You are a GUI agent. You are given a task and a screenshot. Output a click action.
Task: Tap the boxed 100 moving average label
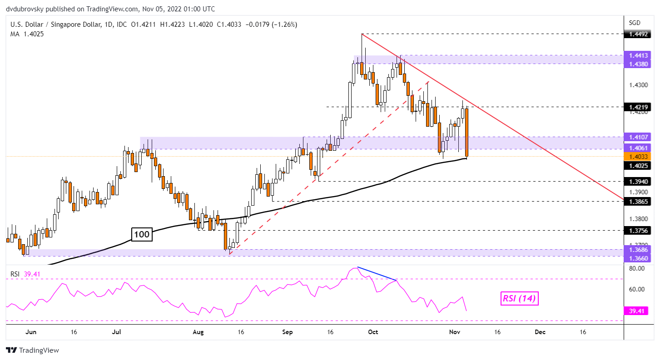click(142, 235)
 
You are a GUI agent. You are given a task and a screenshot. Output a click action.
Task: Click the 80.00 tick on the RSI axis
click(638, 268)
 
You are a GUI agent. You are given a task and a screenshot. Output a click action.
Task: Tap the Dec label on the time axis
click(540, 332)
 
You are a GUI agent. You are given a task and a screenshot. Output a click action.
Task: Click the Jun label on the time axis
click(30, 332)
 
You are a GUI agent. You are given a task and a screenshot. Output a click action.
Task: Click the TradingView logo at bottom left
click(32, 350)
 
